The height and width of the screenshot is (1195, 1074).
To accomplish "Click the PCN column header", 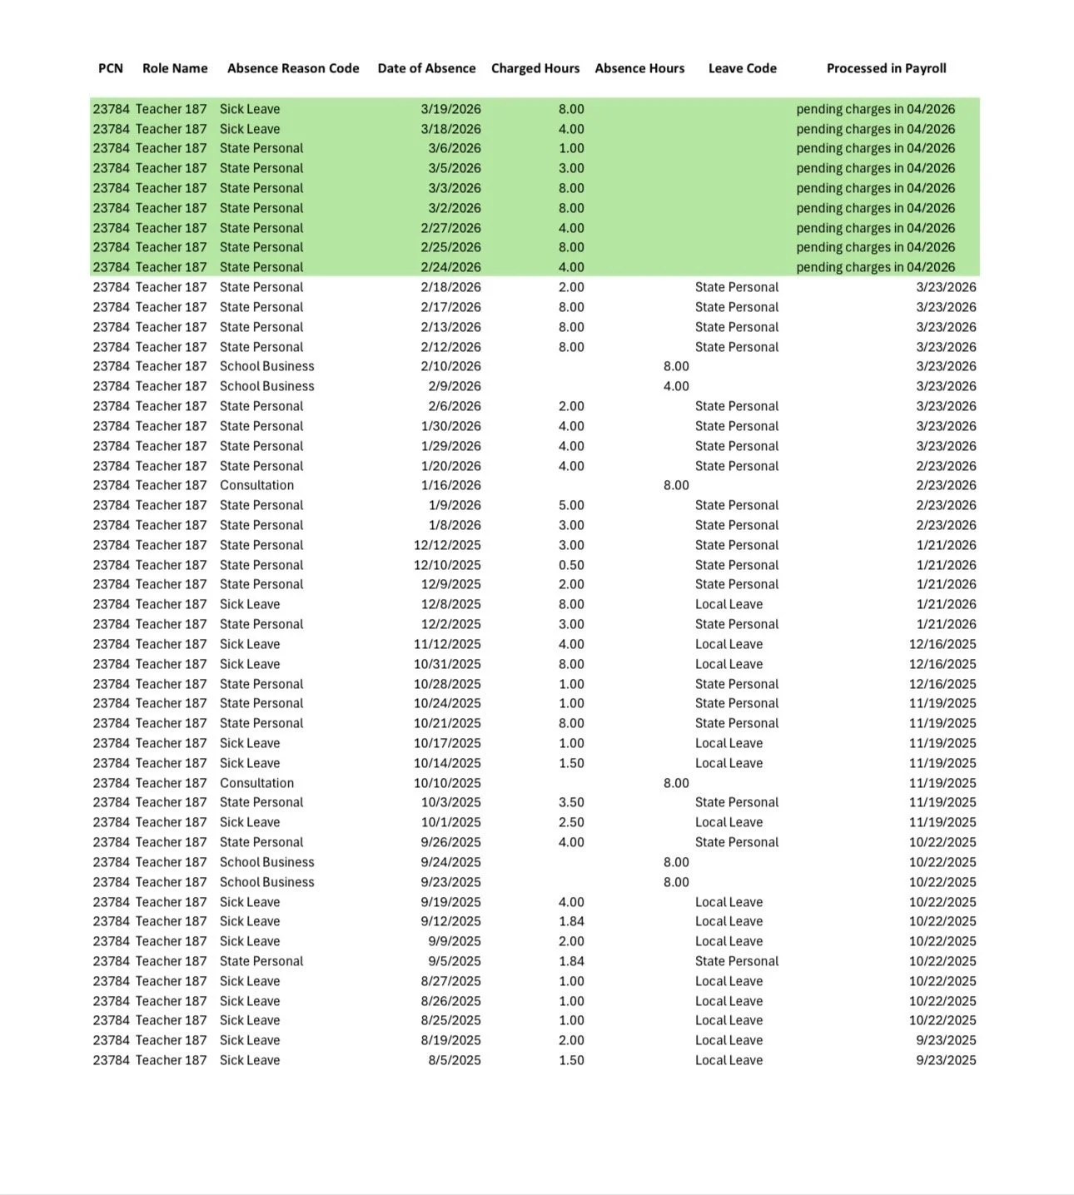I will pos(111,68).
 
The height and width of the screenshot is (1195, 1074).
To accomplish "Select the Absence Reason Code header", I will pos(293,68).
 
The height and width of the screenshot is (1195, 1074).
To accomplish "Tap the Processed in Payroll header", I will pos(886,68).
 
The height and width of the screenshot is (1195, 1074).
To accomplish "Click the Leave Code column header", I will pos(742,68).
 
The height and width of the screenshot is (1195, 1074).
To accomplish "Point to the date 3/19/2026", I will pos(450,109).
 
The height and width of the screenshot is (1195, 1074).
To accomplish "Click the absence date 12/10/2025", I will pos(447,565).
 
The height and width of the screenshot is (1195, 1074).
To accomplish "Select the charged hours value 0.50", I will pos(571,565).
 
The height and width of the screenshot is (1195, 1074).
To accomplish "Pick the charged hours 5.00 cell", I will pos(571,505).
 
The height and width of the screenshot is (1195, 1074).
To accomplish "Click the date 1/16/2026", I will pos(450,485).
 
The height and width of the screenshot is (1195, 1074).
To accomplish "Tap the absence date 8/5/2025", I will pos(454,1060).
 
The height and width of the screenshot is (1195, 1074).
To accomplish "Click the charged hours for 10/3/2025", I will pos(571,802).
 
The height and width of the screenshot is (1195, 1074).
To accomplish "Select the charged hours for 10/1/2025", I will pos(571,822).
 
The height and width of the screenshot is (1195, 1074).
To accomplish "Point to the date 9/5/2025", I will pos(454,961).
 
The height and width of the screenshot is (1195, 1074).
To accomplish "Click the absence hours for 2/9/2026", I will pos(676,386).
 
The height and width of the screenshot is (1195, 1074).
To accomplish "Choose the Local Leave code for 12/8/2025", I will pos(728,604).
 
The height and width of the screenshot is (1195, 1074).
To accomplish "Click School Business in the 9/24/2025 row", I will pos(266,862).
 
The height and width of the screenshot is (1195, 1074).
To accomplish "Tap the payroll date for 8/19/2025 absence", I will pos(946,1040).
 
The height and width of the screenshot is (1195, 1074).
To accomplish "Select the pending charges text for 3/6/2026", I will pos(875,148).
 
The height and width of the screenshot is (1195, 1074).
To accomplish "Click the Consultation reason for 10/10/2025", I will pos(256,783).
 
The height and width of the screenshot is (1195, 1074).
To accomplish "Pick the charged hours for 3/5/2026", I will pos(571,168).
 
